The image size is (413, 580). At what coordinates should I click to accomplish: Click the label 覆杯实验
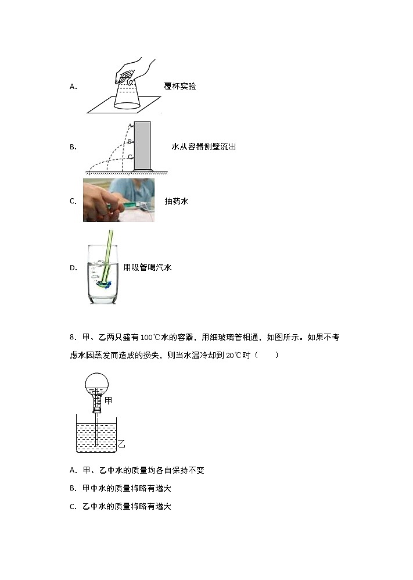(180, 86)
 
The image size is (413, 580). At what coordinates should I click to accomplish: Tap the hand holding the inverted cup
(132, 71)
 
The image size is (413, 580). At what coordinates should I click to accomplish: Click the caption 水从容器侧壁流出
(204, 147)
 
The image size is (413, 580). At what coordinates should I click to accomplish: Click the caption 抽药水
(177, 201)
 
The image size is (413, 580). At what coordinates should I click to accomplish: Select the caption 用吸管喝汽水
(148, 267)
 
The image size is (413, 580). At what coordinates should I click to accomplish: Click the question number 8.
(73, 338)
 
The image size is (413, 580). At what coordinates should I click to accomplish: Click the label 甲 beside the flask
(108, 400)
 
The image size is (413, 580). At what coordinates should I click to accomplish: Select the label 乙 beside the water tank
(121, 445)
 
